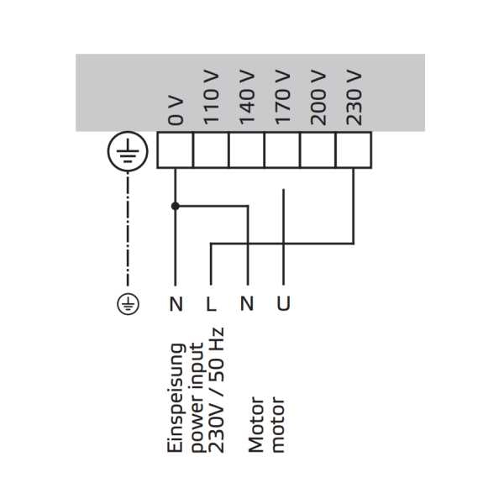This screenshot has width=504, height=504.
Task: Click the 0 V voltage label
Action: click(x=176, y=110)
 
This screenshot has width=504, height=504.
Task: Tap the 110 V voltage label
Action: click(x=211, y=99)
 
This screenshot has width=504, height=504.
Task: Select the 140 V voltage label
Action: click(x=246, y=99)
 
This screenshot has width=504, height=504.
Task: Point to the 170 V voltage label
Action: click(x=282, y=99)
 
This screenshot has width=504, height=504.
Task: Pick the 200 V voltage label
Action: click(x=318, y=99)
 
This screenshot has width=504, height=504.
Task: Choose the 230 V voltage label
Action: click(x=354, y=99)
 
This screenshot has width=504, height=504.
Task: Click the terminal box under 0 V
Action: click(x=176, y=151)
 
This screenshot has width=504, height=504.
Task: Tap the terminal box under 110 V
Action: click(x=211, y=151)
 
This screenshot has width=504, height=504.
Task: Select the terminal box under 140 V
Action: click(x=246, y=151)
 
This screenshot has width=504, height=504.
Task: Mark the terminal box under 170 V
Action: click(x=282, y=151)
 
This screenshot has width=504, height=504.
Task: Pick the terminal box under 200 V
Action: click(x=318, y=151)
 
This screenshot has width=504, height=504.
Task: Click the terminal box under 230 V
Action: click(x=353, y=151)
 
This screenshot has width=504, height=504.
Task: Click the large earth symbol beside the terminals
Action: click(x=128, y=151)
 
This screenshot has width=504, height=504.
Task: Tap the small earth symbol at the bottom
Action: click(x=128, y=303)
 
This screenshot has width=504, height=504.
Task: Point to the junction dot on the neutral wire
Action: click(x=176, y=205)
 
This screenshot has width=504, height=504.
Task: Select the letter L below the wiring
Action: click(x=212, y=303)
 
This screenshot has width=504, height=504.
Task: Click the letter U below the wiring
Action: click(x=283, y=303)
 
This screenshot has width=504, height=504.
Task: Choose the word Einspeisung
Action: click(x=176, y=397)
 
